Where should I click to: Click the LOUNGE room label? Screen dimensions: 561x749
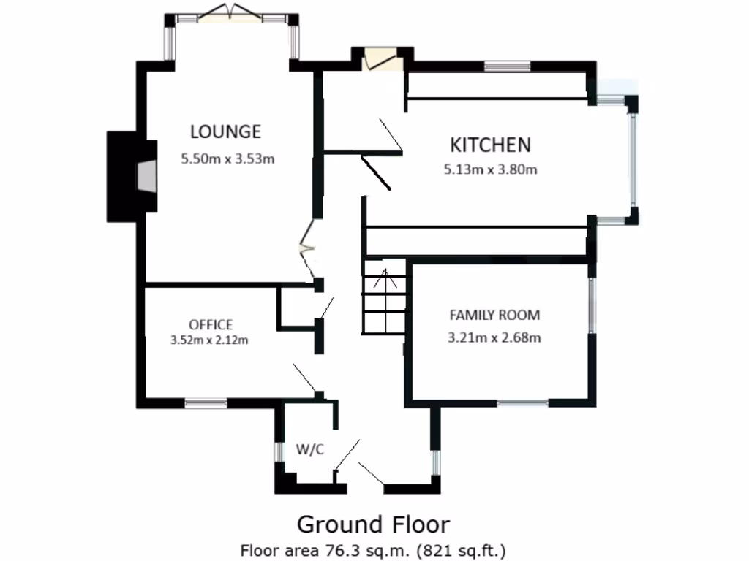pos(225,132)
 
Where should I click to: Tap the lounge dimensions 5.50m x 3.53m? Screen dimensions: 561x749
pos(228,158)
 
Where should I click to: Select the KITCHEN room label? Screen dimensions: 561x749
pos(489,145)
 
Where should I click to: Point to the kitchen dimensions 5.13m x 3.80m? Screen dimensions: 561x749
pos(490,170)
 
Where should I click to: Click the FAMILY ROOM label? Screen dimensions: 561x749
pos(494,316)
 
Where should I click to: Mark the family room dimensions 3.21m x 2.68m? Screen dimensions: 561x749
pos(494,337)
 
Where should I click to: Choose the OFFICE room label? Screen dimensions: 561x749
pos(211,325)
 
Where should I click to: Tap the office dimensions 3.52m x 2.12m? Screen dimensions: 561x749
pos(209,340)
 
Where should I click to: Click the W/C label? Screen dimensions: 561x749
pos(309,449)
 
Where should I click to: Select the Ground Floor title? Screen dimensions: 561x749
pos(373,524)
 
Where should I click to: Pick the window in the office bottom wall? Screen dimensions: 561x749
pos(206,402)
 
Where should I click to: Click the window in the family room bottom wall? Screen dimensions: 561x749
pos(523,402)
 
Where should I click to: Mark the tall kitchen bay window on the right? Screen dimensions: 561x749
pos(633,158)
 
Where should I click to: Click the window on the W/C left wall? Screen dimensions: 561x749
pos(279,452)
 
